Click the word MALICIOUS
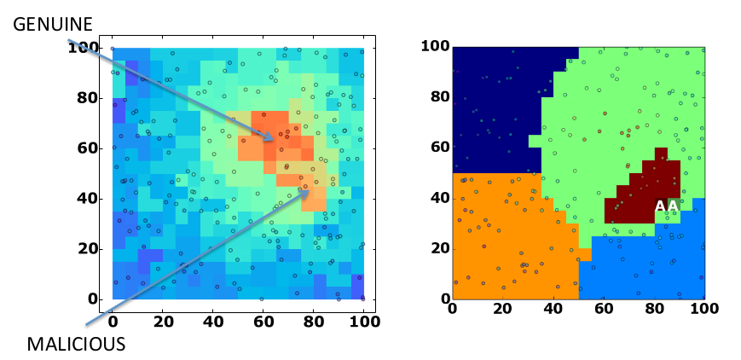(x=76, y=344)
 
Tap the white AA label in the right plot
(x=667, y=206)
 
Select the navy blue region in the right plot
(x=495, y=102)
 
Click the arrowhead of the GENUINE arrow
(x=272, y=140)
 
